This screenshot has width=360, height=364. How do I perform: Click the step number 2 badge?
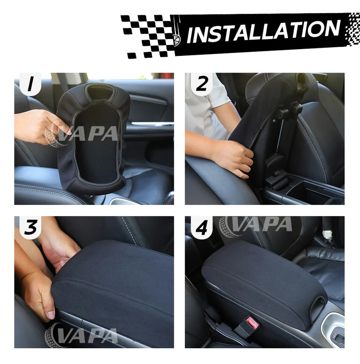202,85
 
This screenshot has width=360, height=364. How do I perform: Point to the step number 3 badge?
30,228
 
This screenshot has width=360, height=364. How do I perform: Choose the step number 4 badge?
202,228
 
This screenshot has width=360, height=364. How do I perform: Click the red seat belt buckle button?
252,323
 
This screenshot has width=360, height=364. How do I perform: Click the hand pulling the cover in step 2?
234,158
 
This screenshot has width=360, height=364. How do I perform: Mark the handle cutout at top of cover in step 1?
100,93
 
